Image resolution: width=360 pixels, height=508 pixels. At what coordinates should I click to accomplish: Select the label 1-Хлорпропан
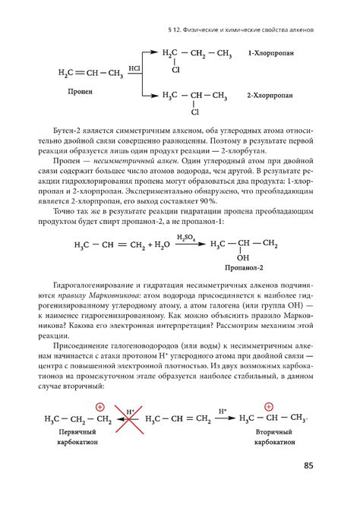(x=273, y=55)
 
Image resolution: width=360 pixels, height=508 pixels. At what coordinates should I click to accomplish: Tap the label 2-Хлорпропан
(x=271, y=97)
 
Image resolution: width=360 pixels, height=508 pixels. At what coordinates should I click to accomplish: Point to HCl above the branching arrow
(x=134, y=68)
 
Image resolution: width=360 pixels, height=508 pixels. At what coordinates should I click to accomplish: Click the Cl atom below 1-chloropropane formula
(x=176, y=71)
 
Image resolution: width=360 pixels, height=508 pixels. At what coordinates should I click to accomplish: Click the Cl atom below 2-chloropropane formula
(x=195, y=113)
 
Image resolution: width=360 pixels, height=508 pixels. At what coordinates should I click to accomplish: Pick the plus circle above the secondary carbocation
(x=269, y=405)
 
